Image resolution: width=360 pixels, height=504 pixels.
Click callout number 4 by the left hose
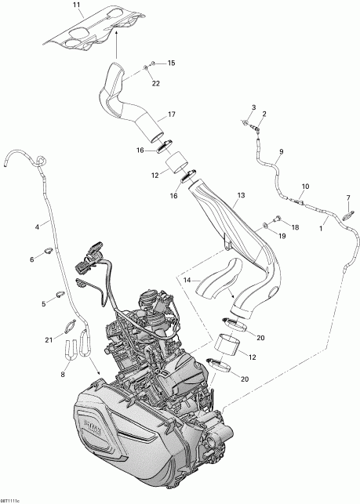[36, 227]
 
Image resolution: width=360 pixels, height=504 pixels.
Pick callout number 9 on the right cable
[281, 151]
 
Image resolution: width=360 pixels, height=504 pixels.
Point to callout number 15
[172, 63]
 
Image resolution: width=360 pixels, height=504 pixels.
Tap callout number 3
[253, 107]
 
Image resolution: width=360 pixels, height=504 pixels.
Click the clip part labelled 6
[47, 252]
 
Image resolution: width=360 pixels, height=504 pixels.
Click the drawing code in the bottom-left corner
[14, 499]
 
